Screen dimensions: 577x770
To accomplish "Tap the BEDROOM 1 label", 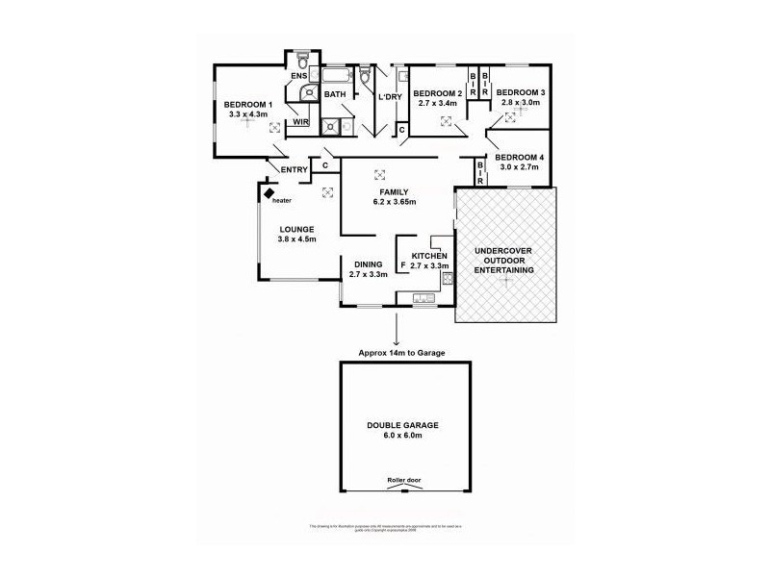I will coord(249,104).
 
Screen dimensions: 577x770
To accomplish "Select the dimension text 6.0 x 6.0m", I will coord(403,436).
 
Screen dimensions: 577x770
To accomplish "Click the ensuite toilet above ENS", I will coord(301,58).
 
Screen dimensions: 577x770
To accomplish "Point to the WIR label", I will coord(300,122).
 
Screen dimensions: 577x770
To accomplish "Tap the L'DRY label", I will coord(390,97).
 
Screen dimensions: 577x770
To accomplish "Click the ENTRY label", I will coord(294,170).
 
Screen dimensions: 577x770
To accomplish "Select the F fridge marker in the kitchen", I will coord(401,263).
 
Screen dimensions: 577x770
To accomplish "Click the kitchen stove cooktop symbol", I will coord(447,279).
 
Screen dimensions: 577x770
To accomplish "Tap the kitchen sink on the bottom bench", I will coord(423,299).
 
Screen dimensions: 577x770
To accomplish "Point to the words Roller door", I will coord(403,479).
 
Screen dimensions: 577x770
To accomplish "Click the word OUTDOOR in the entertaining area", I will coord(504,261).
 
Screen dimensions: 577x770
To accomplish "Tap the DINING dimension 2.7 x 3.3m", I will coord(369,273).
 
